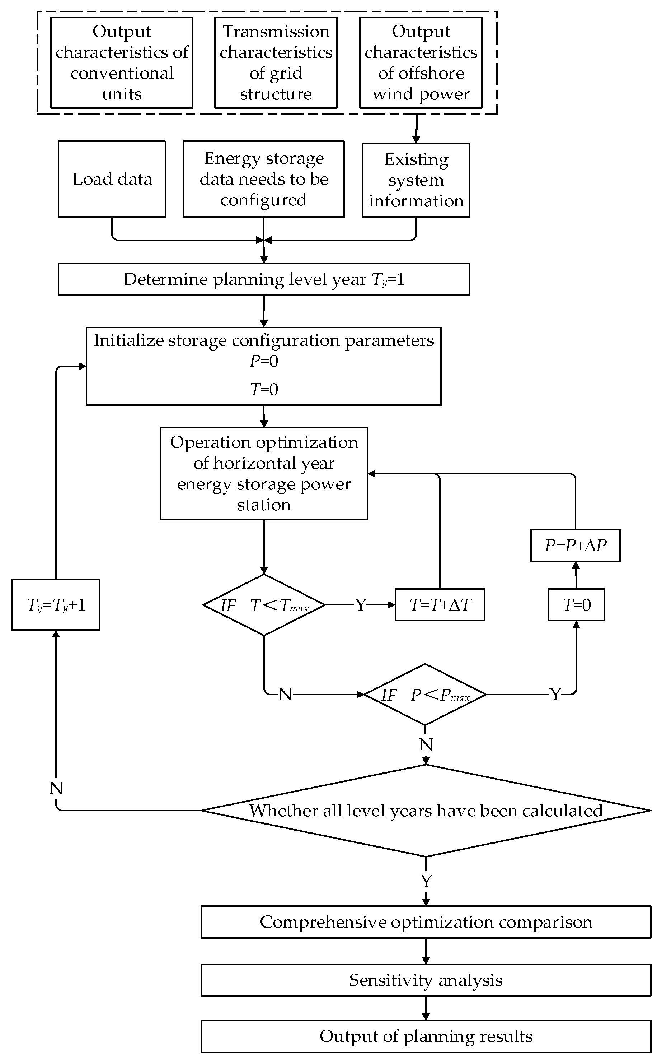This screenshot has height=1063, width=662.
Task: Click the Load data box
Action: (x=112, y=179)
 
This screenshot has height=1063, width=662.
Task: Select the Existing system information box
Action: (x=415, y=180)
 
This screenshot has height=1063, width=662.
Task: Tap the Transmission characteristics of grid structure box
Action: (x=276, y=62)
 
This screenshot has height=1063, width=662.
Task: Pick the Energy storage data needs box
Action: (x=264, y=179)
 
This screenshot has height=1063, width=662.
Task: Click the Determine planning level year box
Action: (x=264, y=279)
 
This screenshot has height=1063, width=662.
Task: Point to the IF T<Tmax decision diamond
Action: (x=264, y=605)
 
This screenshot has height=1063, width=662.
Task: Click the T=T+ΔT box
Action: (x=440, y=605)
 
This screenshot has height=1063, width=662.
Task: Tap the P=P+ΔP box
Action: (x=575, y=546)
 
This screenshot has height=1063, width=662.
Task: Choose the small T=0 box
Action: (x=576, y=605)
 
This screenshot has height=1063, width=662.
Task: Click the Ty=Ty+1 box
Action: (x=56, y=605)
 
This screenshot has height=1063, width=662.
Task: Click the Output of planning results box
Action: (x=426, y=1036)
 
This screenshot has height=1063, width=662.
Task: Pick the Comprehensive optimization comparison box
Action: (x=426, y=922)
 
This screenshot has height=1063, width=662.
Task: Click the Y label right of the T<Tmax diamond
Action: (x=360, y=605)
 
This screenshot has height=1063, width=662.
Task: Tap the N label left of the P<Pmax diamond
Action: (x=285, y=695)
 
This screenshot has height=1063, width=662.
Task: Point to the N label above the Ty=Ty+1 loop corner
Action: (x=56, y=788)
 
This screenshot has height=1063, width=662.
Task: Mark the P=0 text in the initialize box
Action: (x=264, y=361)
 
